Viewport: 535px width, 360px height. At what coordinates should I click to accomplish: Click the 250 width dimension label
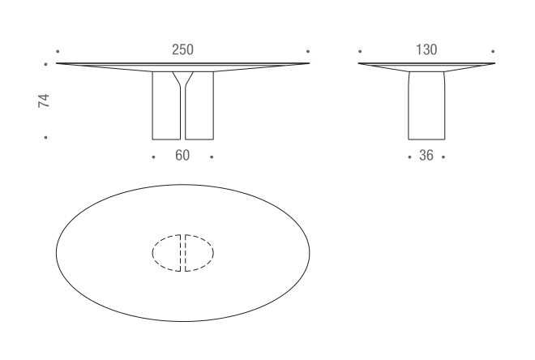pyautogui.click(x=182, y=50)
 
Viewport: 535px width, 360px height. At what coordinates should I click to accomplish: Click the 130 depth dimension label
pyautogui.click(x=426, y=50)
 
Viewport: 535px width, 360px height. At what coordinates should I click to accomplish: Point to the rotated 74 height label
pyautogui.click(x=45, y=101)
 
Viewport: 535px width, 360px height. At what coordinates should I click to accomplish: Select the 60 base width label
pyautogui.click(x=182, y=156)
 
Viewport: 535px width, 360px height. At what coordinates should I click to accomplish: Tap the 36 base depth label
pyautogui.click(x=426, y=156)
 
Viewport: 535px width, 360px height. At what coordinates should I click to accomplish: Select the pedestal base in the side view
pyautogui.click(x=426, y=105)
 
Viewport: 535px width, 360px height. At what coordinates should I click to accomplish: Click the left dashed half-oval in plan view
pyautogui.click(x=167, y=253)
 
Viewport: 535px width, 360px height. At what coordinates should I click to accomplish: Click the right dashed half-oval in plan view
pyautogui.click(x=199, y=253)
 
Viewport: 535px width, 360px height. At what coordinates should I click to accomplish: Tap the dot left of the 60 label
pyautogui.click(x=154, y=156)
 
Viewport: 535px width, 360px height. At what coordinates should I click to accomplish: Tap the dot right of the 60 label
pyautogui.click(x=212, y=156)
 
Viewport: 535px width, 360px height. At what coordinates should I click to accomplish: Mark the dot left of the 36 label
pyautogui.click(x=409, y=156)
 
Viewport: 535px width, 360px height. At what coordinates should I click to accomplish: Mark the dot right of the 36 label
pyautogui.click(x=444, y=156)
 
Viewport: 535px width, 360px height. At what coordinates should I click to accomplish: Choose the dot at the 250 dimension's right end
pyautogui.click(x=308, y=51)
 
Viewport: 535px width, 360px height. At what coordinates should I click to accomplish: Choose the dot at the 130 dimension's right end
pyautogui.click(x=493, y=51)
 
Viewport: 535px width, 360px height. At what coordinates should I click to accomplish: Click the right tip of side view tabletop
pyautogui.click(x=494, y=63)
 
